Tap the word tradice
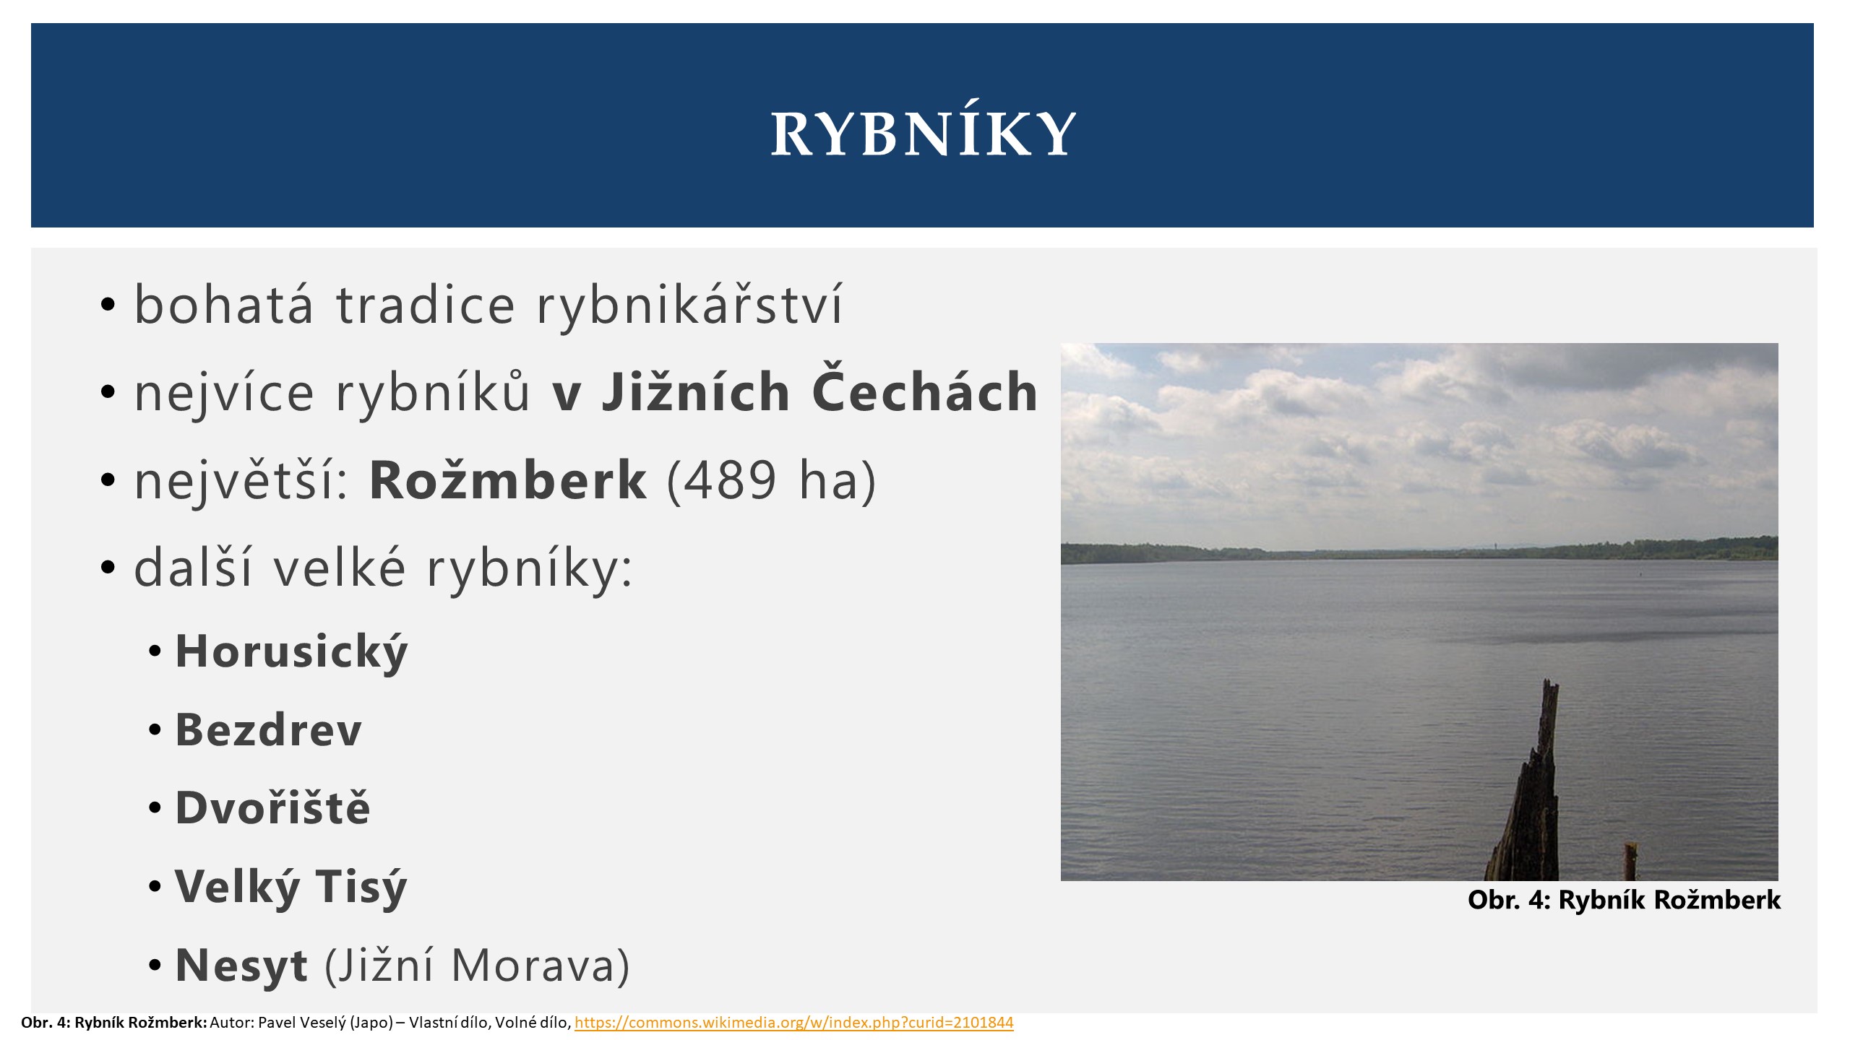click(426, 304)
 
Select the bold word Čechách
click(925, 390)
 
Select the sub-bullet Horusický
click(292, 651)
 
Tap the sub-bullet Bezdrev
click(268, 729)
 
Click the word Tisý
click(361, 886)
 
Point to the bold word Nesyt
click(241, 966)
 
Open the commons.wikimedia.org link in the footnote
click(793, 1023)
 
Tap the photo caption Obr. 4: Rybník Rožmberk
click(1624, 900)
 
